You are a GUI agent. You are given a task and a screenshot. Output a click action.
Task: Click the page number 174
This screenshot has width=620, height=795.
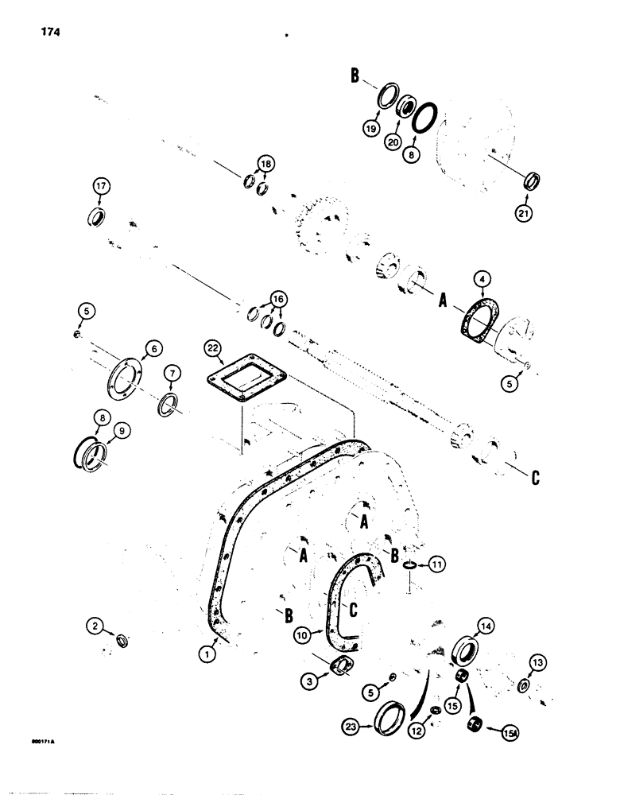pyautogui.click(x=48, y=33)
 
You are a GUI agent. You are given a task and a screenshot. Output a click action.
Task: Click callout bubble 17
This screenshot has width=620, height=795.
pyautogui.click(x=100, y=187)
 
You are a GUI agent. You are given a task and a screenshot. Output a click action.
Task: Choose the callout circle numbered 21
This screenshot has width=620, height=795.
pyautogui.click(x=527, y=213)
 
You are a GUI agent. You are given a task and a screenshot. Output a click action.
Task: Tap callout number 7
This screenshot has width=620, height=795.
pyautogui.click(x=172, y=373)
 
